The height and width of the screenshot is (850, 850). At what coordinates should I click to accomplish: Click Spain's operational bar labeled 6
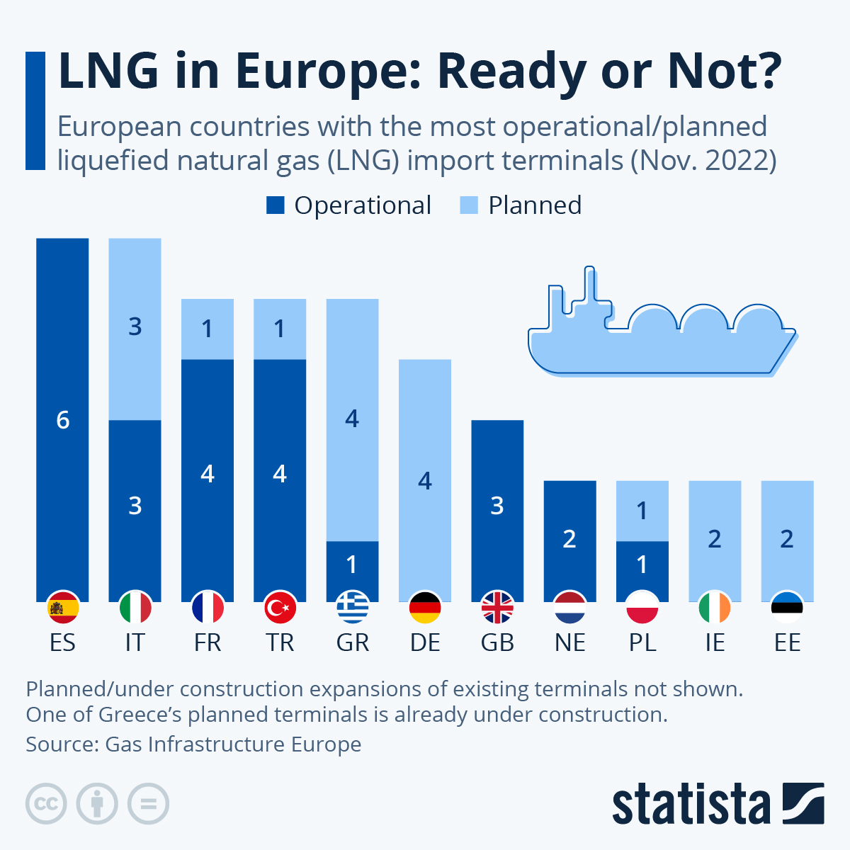click(62, 419)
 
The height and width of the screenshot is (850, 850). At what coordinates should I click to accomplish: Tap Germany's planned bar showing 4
click(425, 480)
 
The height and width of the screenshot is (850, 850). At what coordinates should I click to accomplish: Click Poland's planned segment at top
click(642, 511)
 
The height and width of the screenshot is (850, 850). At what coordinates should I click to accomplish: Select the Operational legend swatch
click(275, 205)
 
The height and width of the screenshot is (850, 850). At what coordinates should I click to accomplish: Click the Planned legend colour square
click(469, 205)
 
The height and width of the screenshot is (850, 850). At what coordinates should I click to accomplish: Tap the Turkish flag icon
click(280, 608)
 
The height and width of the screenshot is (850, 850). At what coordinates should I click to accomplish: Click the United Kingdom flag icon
click(497, 608)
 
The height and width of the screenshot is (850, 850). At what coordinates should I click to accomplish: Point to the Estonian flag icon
click(787, 608)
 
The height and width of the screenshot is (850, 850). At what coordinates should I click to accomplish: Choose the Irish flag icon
click(715, 608)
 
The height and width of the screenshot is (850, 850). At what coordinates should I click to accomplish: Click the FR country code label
click(208, 642)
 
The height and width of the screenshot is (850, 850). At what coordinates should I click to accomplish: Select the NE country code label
click(569, 642)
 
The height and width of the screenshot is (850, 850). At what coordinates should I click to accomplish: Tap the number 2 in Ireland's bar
click(715, 539)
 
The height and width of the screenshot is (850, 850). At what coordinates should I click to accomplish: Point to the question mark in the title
click(766, 71)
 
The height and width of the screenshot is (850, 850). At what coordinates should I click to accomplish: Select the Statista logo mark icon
click(803, 803)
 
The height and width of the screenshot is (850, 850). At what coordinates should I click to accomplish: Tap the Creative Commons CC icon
click(46, 804)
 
